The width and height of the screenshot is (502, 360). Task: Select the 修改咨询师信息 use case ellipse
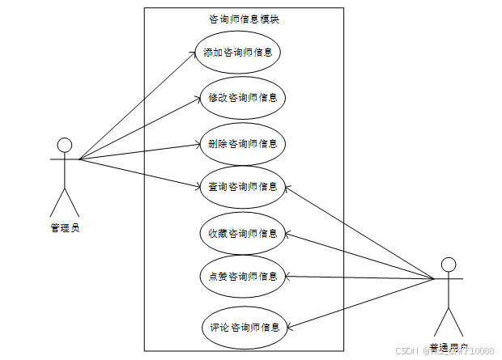pyautogui.click(x=242, y=99)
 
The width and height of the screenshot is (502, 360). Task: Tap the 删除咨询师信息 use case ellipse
pyautogui.click(x=242, y=144)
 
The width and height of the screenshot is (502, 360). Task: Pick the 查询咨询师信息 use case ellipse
pyautogui.click(x=242, y=187)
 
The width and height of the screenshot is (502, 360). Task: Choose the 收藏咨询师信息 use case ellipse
pyautogui.click(x=242, y=234)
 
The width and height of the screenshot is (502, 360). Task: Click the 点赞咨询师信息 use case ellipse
pyautogui.click(x=242, y=276)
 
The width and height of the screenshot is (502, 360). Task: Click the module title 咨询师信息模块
pyautogui.click(x=244, y=19)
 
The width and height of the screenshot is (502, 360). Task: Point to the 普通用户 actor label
pyautogui.click(x=449, y=349)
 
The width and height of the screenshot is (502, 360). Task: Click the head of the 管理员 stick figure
pyautogui.click(x=65, y=146)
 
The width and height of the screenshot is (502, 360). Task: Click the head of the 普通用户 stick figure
pyautogui.click(x=448, y=265)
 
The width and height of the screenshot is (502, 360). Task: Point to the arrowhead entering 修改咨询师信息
pyautogui.click(x=198, y=99)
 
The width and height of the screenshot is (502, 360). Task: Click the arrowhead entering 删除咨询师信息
pyautogui.click(x=198, y=144)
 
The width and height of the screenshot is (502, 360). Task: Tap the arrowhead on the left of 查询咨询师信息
pyautogui.click(x=198, y=188)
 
